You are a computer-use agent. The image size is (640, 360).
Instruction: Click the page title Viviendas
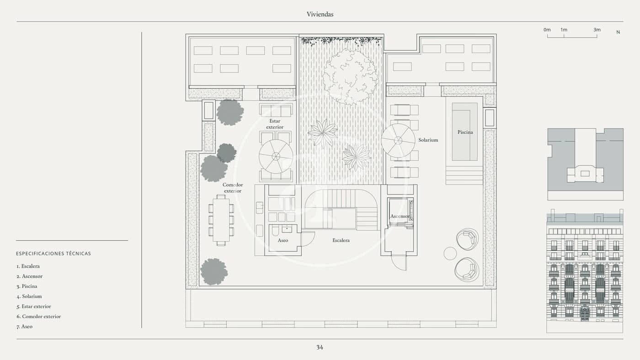click(x=320, y=14)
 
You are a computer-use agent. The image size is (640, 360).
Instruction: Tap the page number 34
click(x=320, y=347)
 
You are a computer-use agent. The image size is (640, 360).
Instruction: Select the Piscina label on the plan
click(x=465, y=132)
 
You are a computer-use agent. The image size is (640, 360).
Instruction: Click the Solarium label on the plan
click(x=428, y=140)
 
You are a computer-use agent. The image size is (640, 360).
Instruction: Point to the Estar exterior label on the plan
click(x=275, y=124)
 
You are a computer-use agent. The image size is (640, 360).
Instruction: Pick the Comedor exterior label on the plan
click(x=233, y=188)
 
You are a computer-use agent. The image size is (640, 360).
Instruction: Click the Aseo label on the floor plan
click(x=283, y=240)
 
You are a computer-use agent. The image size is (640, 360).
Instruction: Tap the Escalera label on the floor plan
click(x=341, y=240)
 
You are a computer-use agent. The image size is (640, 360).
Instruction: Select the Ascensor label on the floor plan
click(x=400, y=216)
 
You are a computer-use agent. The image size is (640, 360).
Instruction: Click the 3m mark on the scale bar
click(x=597, y=30)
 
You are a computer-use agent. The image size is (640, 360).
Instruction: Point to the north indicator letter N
click(x=618, y=32)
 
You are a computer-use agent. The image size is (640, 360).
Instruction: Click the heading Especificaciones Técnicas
click(x=53, y=254)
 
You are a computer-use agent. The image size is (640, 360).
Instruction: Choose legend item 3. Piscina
click(x=27, y=286)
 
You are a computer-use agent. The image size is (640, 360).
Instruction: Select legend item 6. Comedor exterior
click(x=39, y=317)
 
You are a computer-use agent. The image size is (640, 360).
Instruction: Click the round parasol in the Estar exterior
click(x=276, y=156)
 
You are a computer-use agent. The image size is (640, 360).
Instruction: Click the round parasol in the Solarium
click(x=398, y=140)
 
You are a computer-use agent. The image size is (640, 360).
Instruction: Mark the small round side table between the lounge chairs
click(x=450, y=253)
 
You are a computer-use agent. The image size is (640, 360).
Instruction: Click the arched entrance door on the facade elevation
click(x=585, y=313)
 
